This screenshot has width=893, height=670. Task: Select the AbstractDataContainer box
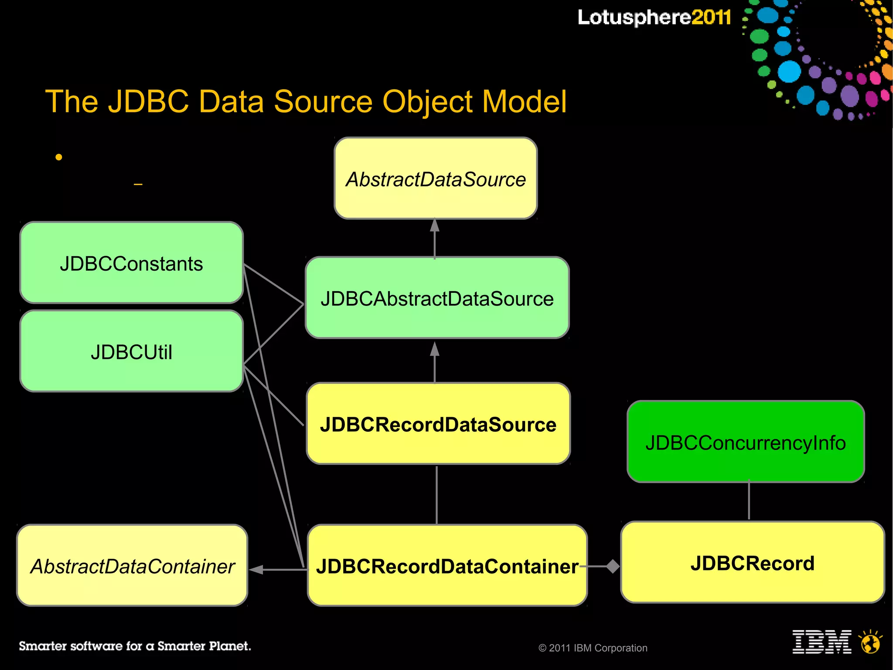click(x=132, y=565)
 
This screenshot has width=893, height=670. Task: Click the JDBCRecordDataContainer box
click(x=447, y=565)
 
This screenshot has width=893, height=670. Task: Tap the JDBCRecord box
click(x=752, y=562)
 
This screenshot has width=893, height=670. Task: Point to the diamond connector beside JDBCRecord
click(x=613, y=567)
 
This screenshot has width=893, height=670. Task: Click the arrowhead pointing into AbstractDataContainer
click(x=256, y=570)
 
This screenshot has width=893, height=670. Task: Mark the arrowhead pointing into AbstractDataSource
click(x=434, y=225)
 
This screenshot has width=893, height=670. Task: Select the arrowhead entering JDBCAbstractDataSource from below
click(x=434, y=349)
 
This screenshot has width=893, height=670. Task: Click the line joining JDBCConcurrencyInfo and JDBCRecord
click(x=749, y=501)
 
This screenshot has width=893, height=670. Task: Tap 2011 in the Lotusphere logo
click(x=711, y=17)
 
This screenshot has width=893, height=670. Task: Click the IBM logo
click(x=821, y=642)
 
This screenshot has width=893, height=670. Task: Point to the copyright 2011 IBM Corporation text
click(x=593, y=648)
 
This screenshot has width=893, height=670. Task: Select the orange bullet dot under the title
click(x=59, y=157)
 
